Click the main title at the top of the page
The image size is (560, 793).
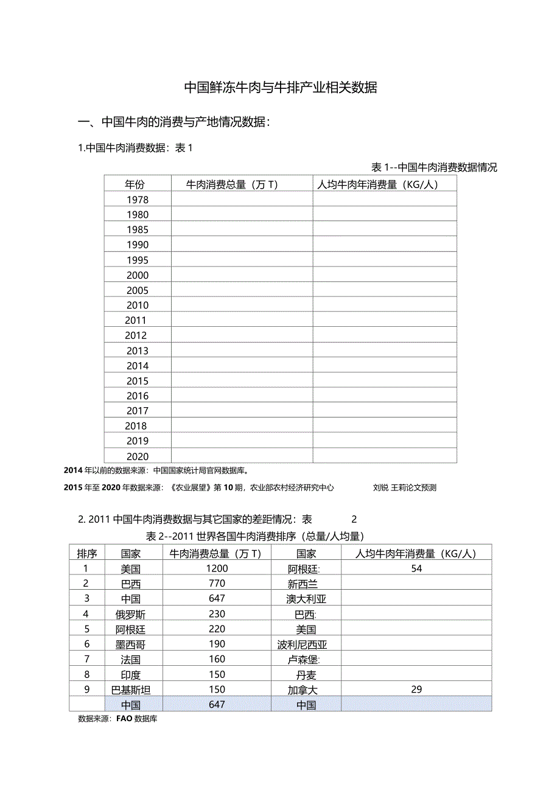[x=281, y=88]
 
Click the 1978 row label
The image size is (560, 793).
[x=138, y=200]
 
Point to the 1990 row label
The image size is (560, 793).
[x=138, y=245]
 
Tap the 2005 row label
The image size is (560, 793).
[x=138, y=290]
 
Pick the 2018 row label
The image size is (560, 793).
[x=136, y=426]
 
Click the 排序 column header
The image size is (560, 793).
[x=87, y=553]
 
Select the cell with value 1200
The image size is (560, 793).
[x=217, y=568]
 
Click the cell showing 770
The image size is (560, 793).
[x=217, y=584]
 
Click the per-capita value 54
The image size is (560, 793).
[x=416, y=568]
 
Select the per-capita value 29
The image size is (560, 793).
[x=416, y=690]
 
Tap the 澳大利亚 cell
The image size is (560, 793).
[x=306, y=599]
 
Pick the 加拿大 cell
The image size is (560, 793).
[x=303, y=690]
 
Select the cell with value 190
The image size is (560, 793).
[x=217, y=644]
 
